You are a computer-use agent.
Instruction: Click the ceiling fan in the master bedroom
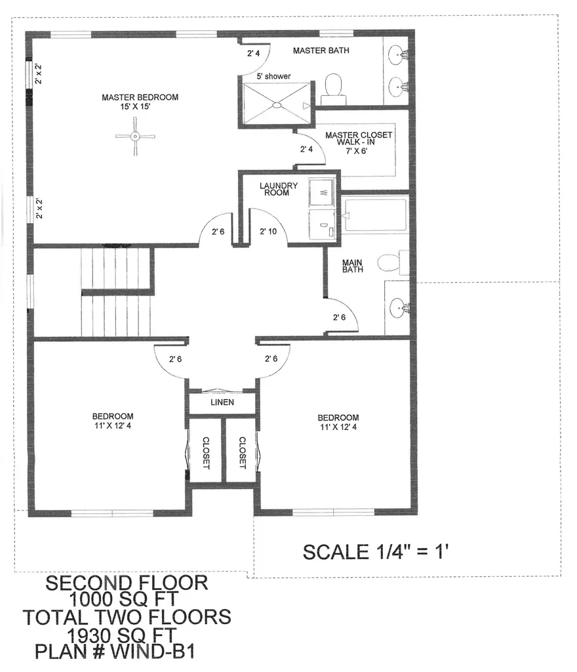click(135, 136)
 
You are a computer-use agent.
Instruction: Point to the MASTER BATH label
click(321, 51)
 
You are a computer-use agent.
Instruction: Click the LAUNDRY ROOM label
click(278, 189)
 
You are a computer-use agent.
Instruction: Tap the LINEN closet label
click(222, 402)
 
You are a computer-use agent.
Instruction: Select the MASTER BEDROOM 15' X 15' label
click(140, 102)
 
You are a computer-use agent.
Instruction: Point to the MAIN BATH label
click(352, 266)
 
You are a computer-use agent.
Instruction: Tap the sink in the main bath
click(397, 305)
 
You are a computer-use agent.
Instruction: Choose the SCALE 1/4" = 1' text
click(374, 551)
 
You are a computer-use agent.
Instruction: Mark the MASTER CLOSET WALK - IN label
click(359, 142)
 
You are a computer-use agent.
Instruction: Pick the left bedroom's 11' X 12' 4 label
click(113, 421)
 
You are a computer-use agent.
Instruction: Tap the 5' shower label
click(273, 77)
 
